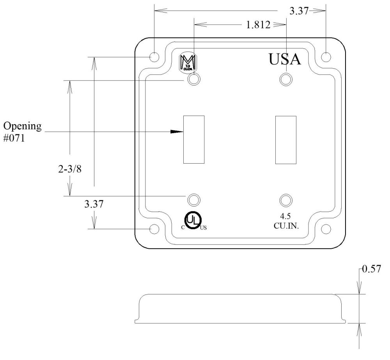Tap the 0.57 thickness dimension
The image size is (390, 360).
[x=372, y=270]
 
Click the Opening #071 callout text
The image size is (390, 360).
[x=22, y=132]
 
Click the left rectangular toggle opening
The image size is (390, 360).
[x=194, y=139]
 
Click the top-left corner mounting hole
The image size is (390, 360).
[x=154, y=57]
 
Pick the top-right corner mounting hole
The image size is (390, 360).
[x=326, y=57]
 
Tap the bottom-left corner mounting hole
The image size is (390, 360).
[x=154, y=229]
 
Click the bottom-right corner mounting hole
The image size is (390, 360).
[x=326, y=229]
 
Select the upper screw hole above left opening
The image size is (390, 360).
[x=194, y=80]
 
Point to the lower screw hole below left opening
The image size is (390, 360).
[x=193, y=200]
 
